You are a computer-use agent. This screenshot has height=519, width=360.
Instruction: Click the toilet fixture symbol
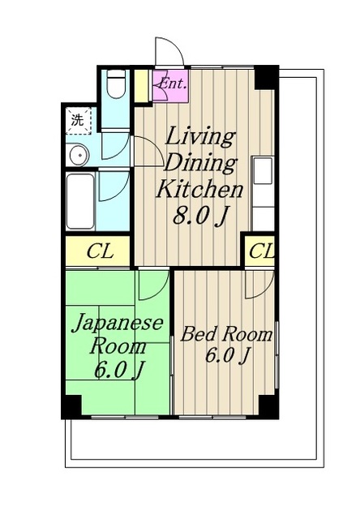click(x=117, y=84)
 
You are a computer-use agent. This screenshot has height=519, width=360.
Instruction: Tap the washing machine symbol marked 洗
click(x=79, y=121)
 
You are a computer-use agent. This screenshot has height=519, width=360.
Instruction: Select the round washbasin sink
click(x=78, y=155)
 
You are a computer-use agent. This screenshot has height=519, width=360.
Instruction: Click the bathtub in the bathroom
click(x=80, y=201)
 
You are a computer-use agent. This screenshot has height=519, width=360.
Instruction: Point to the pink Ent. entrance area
click(x=171, y=84)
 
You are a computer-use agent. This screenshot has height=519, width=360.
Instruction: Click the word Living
click(x=199, y=136)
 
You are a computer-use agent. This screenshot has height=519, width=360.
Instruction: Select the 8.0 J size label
click(x=200, y=217)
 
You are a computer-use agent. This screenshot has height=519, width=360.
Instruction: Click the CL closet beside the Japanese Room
click(x=97, y=251)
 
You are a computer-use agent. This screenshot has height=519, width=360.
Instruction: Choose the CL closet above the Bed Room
click(x=259, y=251)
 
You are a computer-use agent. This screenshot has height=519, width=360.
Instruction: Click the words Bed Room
click(x=226, y=334)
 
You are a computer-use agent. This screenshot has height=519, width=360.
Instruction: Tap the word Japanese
click(x=118, y=323)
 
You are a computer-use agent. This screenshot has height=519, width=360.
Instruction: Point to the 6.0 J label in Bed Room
click(x=227, y=355)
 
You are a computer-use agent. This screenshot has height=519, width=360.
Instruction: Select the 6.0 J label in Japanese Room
click(x=118, y=370)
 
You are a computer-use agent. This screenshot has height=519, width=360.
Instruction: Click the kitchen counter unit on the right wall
click(x=263, y=193)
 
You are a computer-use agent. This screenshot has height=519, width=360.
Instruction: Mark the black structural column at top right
click(x=267, y=78)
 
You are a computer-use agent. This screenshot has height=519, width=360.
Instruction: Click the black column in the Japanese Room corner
click(x=71, y=405)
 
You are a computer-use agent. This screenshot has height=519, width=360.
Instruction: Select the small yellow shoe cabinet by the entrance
click(x=142, y=86)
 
